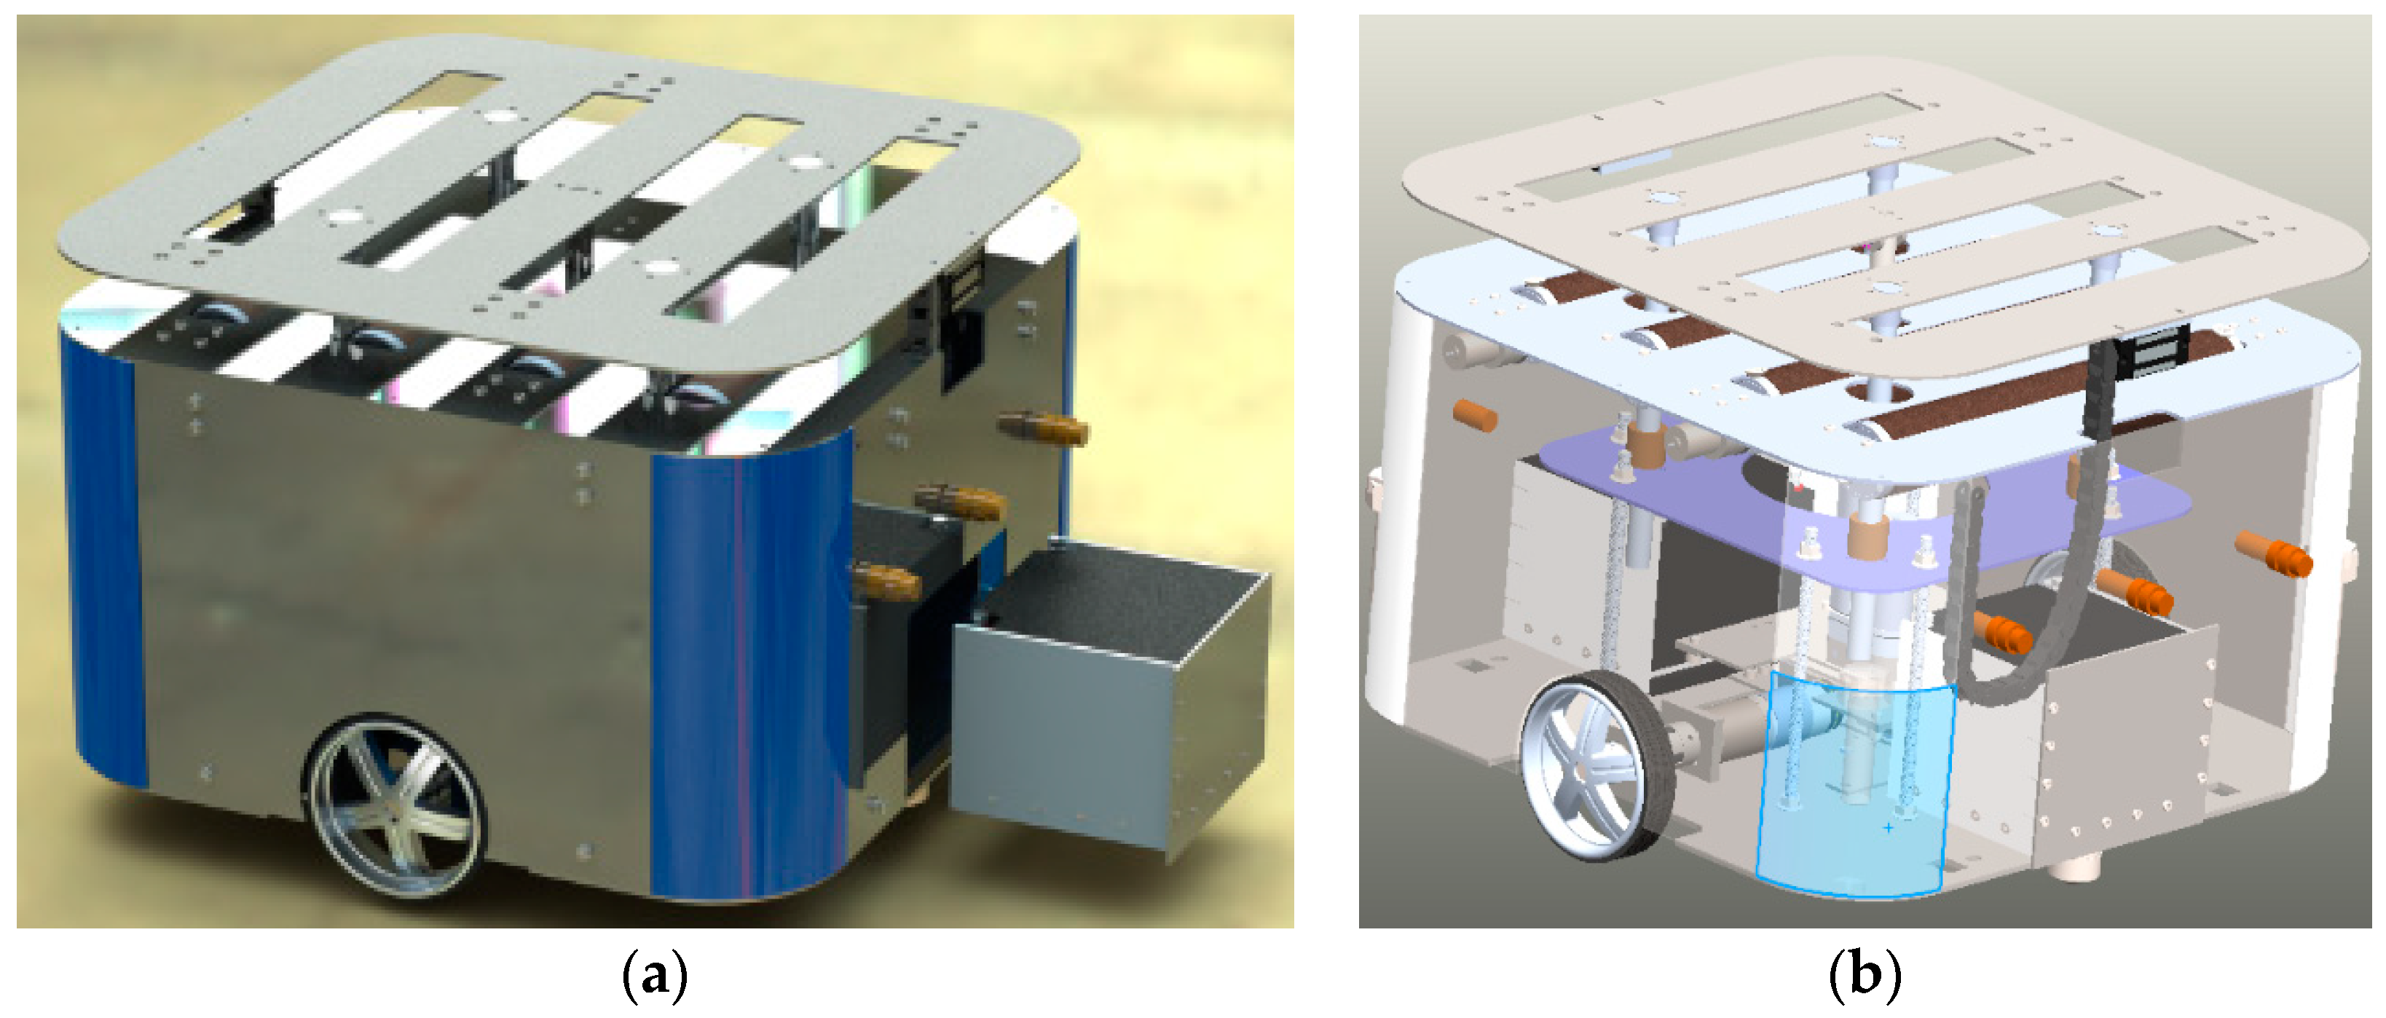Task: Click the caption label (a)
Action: (x=655, y=975)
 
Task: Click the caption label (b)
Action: (x=1865, y=975)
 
